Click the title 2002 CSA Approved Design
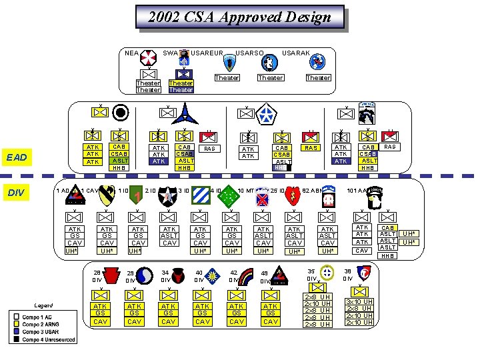(239, 17)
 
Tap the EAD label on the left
(16, 157)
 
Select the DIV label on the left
(15, 193)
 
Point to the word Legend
(41, 305)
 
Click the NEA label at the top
(132, 53)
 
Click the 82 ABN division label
(313, 191)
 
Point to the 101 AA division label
(359, 191)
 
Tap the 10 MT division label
(246, 191)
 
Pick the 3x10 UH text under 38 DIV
(359, 301)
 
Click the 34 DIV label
(165, 276)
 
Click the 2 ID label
(151, 191)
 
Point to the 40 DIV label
(199, 276)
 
